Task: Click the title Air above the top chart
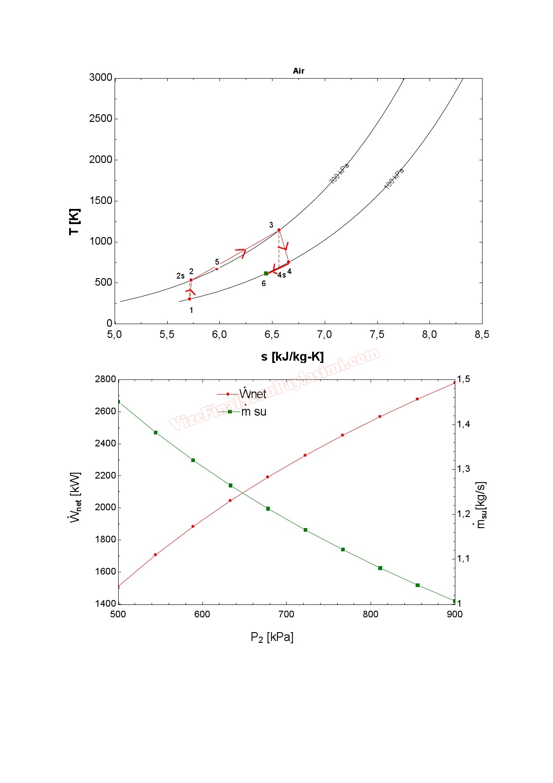click(x=298, y=71)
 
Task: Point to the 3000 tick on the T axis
click(x=101, y=78)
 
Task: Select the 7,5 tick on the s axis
click(x=377, y=335)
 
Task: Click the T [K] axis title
click(x=74, y=221)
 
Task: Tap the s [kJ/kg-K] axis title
click(x=292, y=357)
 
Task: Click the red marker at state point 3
click(x=279, y=230)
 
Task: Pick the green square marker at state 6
click(x=266, y=273)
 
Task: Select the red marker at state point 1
click(x=190, y=299)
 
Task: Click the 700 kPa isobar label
click(x=339, y=174)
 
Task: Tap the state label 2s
click(x=180, y=276)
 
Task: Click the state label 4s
click(x=281, y=275)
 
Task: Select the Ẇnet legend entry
click(x=252, y=394)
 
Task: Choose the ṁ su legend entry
click(x=253, y=412)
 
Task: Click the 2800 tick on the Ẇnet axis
click(x=105, y=379)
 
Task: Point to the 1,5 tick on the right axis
click(x=463, y=379)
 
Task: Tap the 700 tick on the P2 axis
click(x=286, y=614)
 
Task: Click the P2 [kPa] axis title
click(x=272, y=637)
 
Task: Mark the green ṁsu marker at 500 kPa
click(x=119, y=402)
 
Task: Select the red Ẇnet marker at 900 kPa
click(x=454, y=383)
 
